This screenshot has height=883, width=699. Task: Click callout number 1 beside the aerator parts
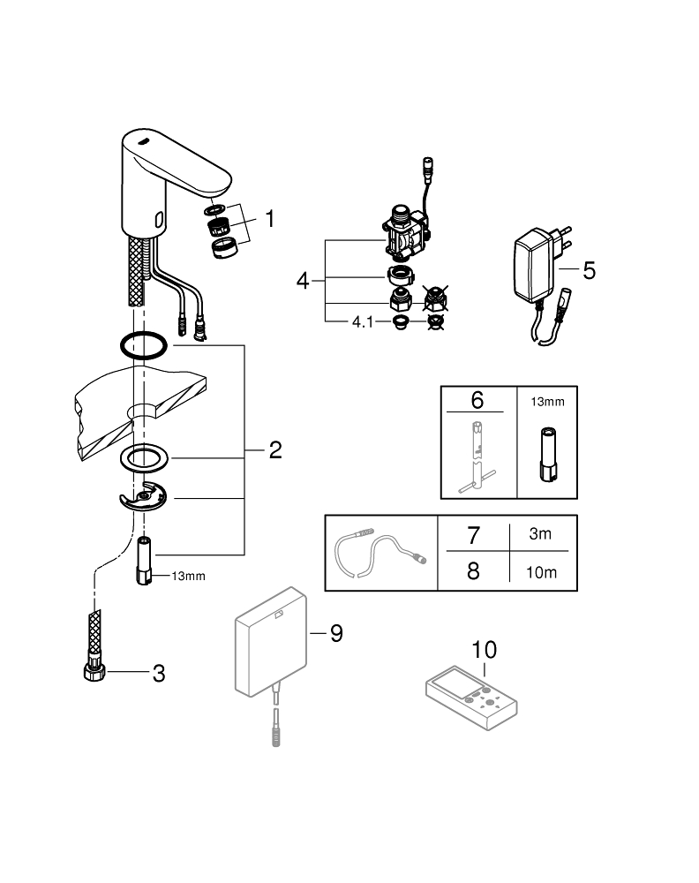[x=268, y=218]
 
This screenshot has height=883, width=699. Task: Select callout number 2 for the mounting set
[x=274, y=451]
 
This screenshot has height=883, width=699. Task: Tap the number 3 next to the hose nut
[x=159, y=674]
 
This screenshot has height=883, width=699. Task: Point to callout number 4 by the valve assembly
[x=303, y=282]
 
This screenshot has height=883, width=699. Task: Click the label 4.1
[x=364, y=323]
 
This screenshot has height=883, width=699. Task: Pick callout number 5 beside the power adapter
[x=589, y=270]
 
